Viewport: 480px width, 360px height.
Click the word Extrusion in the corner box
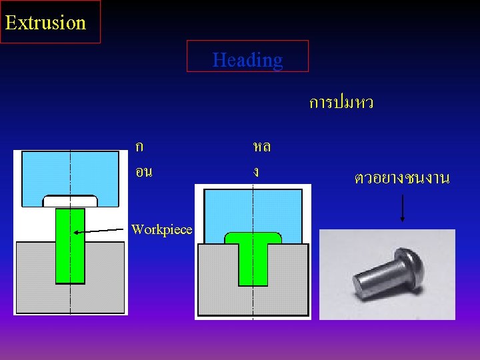pos(45,23)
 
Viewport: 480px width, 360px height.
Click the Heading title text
pos(247,60)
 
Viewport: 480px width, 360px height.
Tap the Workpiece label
pos(162,230)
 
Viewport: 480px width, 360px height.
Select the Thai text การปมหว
pos(341,103)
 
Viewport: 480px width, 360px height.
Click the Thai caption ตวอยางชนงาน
pos(402,178)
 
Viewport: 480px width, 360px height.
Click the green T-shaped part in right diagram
pos(253,257)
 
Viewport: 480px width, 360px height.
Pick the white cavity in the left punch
pos(70,201)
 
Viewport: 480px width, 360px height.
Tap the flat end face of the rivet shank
pos(359,291)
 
